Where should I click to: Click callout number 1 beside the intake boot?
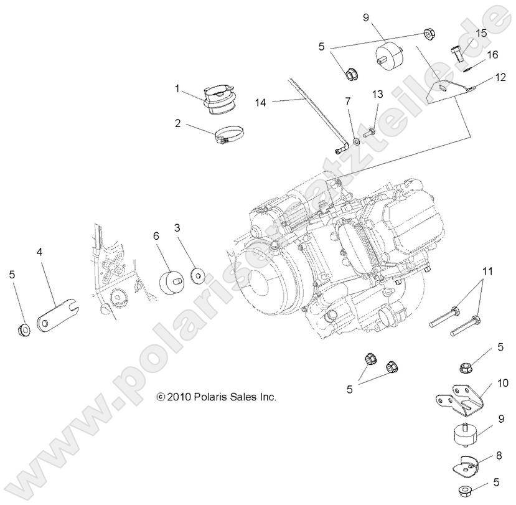click(177, 89)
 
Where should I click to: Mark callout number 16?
click(492, 55)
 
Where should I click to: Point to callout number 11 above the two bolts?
click(487, 271)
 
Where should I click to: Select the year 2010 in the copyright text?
click(179, 396)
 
